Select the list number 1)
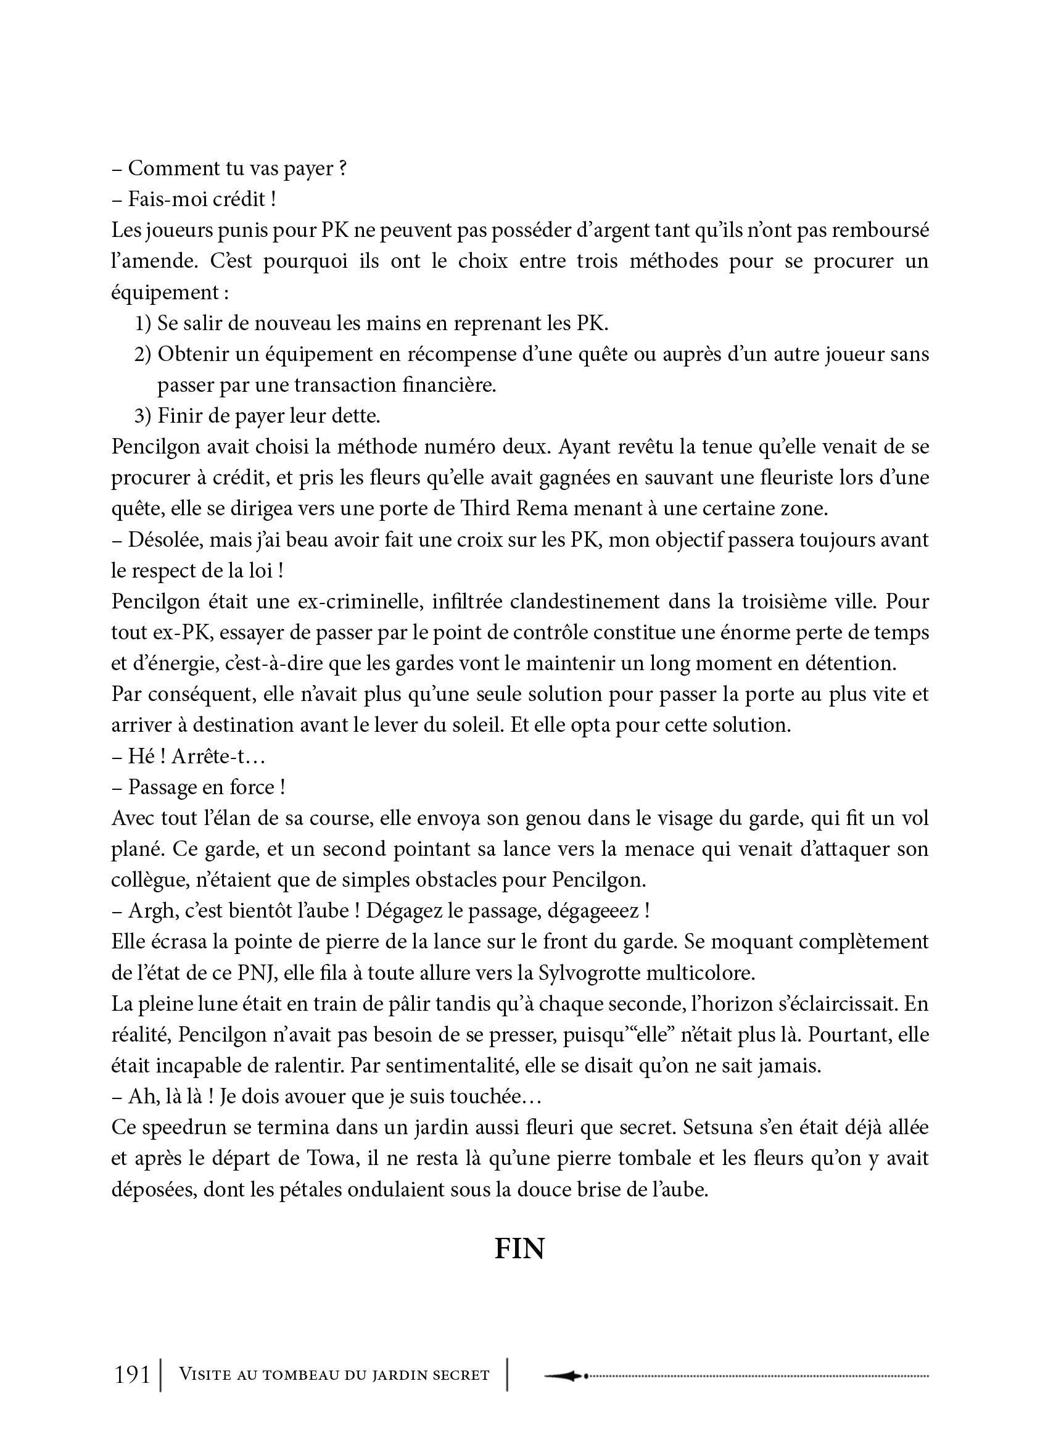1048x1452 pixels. click(x=142, y=323)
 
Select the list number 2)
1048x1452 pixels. click(x=142, y=354)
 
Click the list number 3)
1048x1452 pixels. click(x=142, y=416)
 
